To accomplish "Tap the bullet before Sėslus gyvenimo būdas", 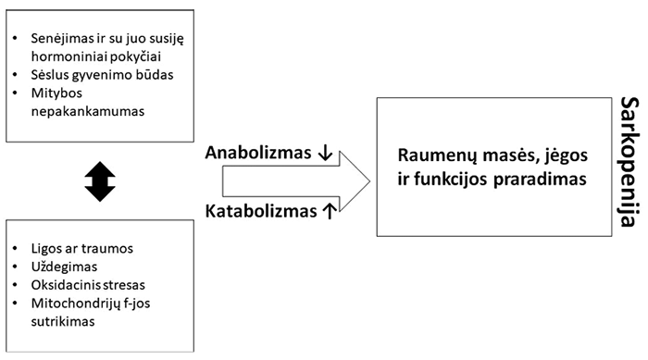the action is tap(16, 75).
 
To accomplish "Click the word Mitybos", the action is tap(56, 93).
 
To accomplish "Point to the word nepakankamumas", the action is tap(88, 112).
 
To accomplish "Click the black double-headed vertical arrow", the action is tap(100, 181).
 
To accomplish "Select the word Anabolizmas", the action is tap(258, 153).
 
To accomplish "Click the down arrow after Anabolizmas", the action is tap(325, 153).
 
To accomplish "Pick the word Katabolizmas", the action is tap(261, 211).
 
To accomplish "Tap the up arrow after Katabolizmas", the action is tap(330, 211).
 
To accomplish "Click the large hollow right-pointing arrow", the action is tap(296, 181).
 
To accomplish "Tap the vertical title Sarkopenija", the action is tap(630, 162).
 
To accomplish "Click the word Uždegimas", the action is tap(64, 267).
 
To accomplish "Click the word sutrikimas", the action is tap(63, 321).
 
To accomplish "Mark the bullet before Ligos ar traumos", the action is tap(16, 249).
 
